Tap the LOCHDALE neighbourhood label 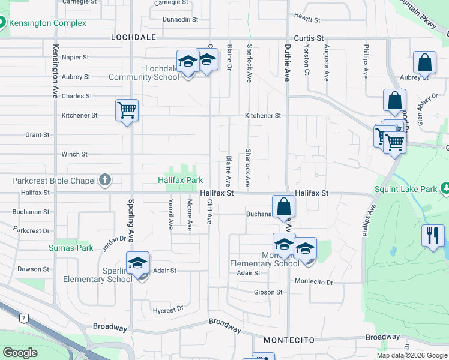tap(133, 37)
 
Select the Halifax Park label tap(180, 180)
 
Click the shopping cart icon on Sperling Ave tap(127, 110)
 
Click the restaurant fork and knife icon tap(433, 235)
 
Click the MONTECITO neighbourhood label tap(289, 340)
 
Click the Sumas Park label tap(71, 248)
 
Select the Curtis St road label tap(309, 37)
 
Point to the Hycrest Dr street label tap(168, 310)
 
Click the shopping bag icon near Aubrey tap(424, 63)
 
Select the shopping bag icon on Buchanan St tap(284, 206)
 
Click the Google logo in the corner tap(20, 353)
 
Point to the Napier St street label tap(76, 58)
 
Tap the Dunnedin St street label tap(180, 20)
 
